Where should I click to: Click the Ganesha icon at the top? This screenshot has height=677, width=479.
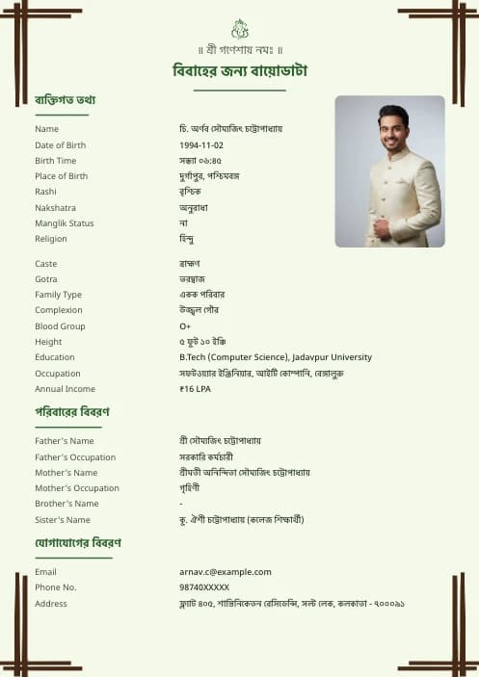(239, 29)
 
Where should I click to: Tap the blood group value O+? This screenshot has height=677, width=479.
(185, 326)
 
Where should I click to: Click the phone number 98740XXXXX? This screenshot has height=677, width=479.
(204, 586)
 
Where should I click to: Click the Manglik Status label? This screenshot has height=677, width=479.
(65, 223)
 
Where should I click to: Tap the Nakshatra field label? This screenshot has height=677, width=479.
(55, 207)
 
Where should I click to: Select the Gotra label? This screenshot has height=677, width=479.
(46, 279)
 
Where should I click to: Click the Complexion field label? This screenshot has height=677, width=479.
(59, 310)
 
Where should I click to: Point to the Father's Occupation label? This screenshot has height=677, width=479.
(75, 457)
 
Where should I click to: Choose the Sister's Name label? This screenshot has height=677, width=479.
(63, 520)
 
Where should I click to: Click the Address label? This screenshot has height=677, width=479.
(51, 604)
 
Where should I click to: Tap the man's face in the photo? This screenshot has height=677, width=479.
(392, 128)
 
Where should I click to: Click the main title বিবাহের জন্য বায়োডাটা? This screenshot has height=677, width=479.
(239, 71)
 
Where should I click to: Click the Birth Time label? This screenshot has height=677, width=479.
(55, 161)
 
